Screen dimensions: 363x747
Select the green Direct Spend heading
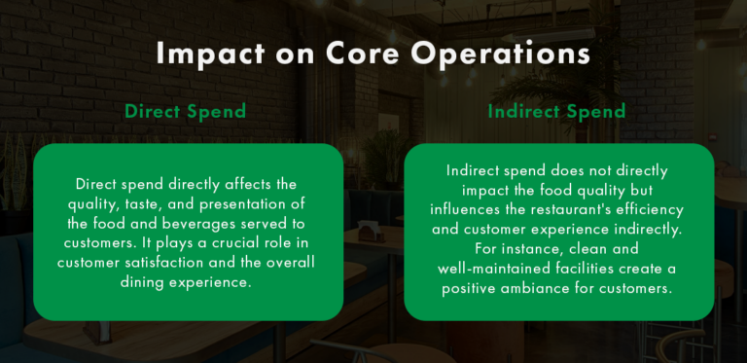(187, 111)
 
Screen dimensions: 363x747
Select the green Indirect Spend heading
(556, 111)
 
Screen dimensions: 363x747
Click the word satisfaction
(175, 262)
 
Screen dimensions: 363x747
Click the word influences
(471, 209)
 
